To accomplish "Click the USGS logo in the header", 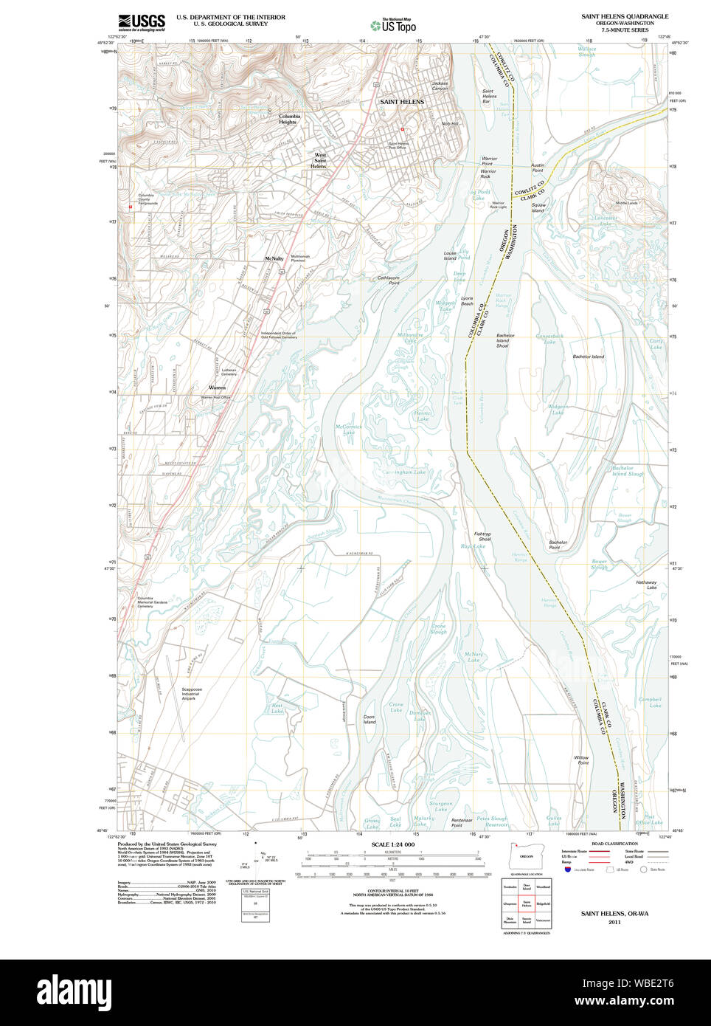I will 141,21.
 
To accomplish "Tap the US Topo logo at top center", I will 393,25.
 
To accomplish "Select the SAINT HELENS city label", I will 401,102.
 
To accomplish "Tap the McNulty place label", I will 274,259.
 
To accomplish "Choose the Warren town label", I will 217,388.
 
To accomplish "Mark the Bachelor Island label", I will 588,357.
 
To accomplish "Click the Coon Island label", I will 369,720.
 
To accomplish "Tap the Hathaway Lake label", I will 646,585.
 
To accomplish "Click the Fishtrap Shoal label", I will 482,537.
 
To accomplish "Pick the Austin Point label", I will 537,168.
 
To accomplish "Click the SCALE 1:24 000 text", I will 392,844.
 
